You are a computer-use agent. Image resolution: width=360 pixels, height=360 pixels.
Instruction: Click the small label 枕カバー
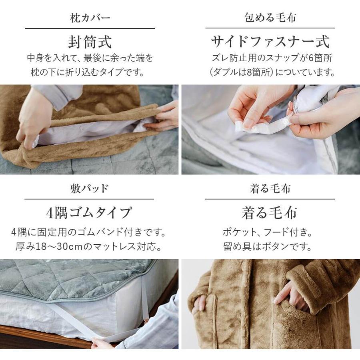pyautogui.click(x=90, y=18)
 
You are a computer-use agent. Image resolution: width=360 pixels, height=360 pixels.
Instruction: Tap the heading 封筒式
pyautogui.click(x=90, y=42)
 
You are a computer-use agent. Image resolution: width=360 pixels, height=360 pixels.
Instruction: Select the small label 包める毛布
pyautogui.click(x=270, y=18)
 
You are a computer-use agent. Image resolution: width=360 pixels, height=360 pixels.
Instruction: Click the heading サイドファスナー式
pyautogui.click(x=270, y=42)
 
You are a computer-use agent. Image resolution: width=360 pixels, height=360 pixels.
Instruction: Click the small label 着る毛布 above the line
pyautogui.click(x=270, y=188)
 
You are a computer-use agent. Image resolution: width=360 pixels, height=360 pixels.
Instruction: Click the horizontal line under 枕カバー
pyautogui.click(x=90, y=28)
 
